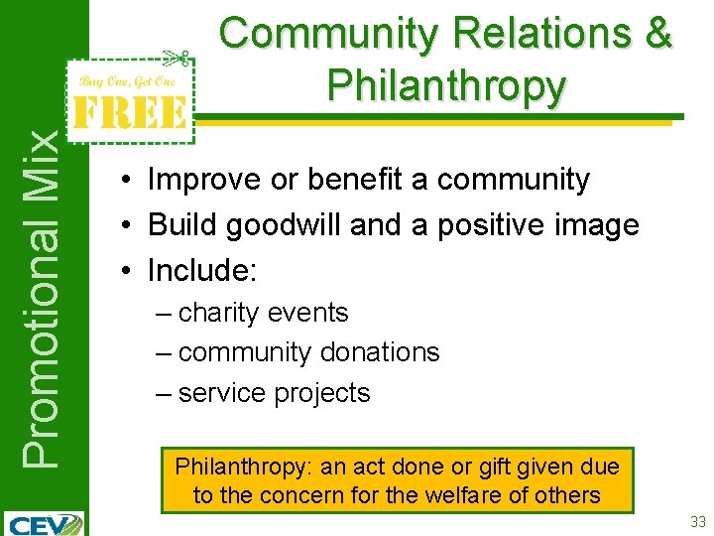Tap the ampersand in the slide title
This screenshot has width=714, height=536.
pos(655,35)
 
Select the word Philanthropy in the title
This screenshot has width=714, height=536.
pos(446,87)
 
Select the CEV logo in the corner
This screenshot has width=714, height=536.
pos(45,522)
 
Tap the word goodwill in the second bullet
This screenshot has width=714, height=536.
pos(286,225)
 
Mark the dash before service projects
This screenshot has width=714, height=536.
pos(164,393)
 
